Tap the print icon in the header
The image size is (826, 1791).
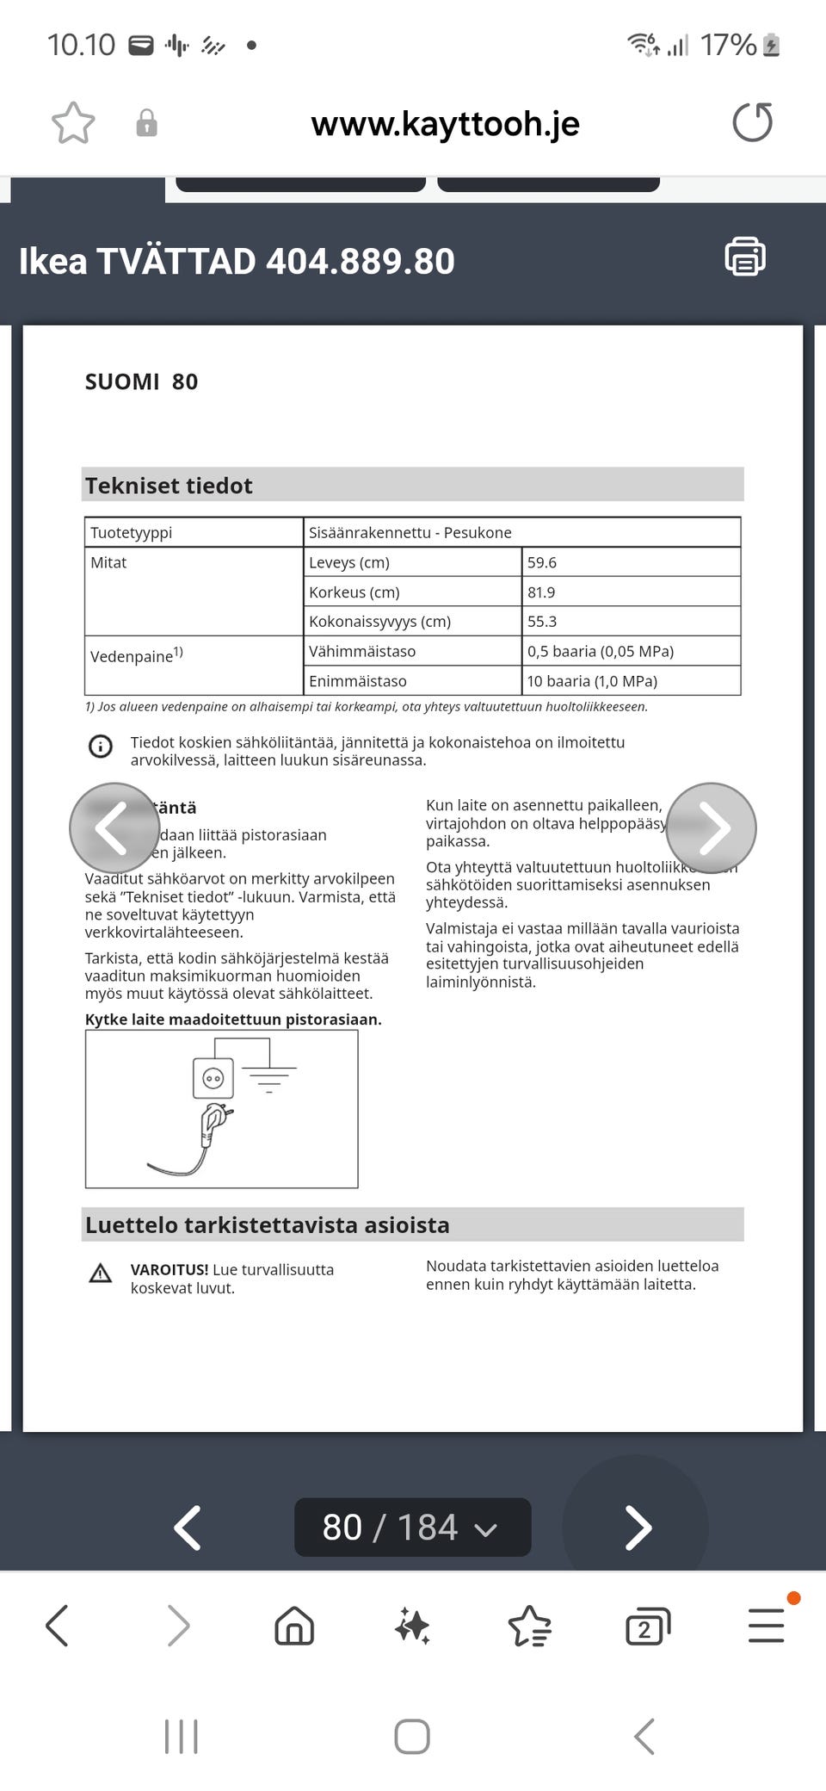pos(745,257)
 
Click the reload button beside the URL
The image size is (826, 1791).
pos(752,122)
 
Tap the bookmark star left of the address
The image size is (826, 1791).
pos(73,123)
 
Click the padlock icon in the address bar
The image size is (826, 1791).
pos(147,123)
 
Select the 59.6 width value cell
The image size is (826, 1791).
pos(631,562)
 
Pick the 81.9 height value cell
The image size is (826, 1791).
pos(631,592)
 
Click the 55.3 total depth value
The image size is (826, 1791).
pos(631,622)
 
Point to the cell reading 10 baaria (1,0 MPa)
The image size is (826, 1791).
pos(631,681)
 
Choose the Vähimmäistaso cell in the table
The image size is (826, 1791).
pos(412,652)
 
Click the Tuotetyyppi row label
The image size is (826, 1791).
pos(194,533)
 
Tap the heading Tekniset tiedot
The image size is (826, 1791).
pos(169,486)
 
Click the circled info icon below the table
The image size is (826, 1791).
pos(101,747)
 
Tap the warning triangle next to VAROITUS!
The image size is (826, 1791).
pos(101,1273)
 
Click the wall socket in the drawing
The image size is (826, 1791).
pos(213,1078)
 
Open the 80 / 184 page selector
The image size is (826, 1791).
pos(412,1528)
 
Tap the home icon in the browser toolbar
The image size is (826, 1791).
pos(294,1627)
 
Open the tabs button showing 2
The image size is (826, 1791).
pos(647,1627)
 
